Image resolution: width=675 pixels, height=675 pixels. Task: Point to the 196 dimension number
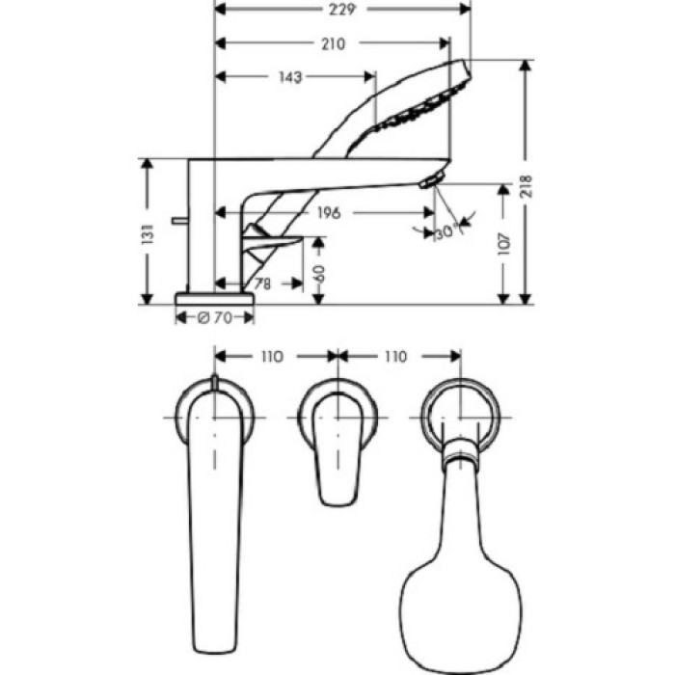click(329, 213)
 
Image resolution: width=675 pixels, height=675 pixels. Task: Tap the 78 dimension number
click(260, 283)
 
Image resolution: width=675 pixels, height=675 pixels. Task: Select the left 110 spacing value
click(271, 357)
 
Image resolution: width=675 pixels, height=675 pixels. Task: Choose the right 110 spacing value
click(395, 357)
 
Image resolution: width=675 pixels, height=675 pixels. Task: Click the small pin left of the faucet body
click(178, 221)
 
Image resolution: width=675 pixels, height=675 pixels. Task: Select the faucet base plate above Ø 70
click(214, 297)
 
